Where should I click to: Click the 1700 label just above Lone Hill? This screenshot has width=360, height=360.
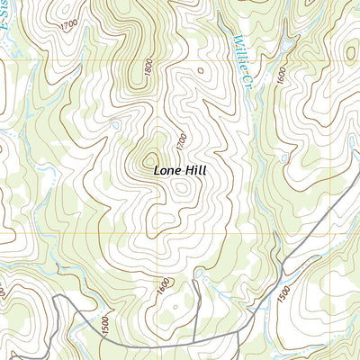(181, 140)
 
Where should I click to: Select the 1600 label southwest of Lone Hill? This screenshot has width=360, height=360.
(162, 286)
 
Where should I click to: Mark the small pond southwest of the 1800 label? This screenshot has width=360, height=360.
(114, 124)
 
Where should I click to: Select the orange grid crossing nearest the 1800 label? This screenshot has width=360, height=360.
(162, 61)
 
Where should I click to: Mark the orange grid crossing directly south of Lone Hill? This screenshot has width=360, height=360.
(162, 236)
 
